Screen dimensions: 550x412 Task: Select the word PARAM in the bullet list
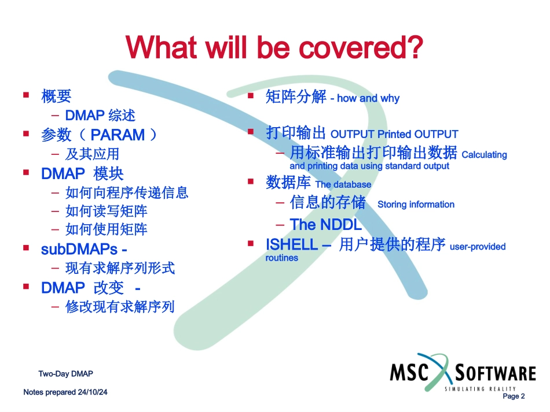pyautogui.click(x=118, y=135)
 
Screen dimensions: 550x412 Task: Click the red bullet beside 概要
pyautogui.click(x=26, y=95)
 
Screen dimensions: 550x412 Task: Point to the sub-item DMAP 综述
pyautogui.click(x=100, y=116)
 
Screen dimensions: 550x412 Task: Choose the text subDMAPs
pyautogui.click(x=79, y=250)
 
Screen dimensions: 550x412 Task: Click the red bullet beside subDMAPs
pyautogui.click(x=26, y=247)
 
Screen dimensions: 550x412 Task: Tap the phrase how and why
pyautogui.click(x=368, y=98)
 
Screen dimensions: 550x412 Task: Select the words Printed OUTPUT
pyautogui.click(x=418, y=135)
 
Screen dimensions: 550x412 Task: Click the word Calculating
pyautogui.click(x=485, y=155)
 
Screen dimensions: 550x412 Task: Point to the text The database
pyautogui.click(x=343, y=184)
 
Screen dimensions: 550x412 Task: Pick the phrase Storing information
pyautogui.click(x=416, y=205)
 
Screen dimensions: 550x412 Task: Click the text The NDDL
pyautogui.click(x=326, y=225)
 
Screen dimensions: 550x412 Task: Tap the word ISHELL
pyautogui.click(x=292, y=244)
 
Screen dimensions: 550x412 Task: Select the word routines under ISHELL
pyautogui.click(x=282, y=258)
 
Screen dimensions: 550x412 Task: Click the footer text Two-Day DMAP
pyautogui.click(x=65, y=374)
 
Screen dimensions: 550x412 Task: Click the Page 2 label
pyautogui.click(x=514, y=396)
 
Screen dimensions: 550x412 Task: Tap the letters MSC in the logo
pyautogui.click(x=409, y=372)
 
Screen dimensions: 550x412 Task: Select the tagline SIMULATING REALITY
pyautogui.click(x=480, y=389)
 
